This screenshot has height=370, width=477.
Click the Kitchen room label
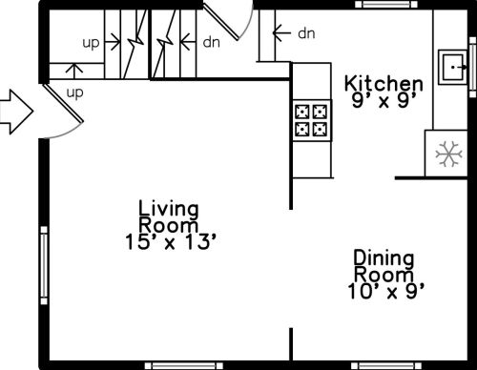pos(384,84)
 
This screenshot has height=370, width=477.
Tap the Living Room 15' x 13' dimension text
pos(172,242)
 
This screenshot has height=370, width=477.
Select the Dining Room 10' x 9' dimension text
pos(386,291)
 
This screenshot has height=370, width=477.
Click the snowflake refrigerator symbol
pos(448,154)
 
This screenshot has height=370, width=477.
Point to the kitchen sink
pos(453,67)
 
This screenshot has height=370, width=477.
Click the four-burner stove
pos(312,120)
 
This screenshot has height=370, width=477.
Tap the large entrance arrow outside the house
pos(16,112)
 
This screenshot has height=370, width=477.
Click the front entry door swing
pos(64,111)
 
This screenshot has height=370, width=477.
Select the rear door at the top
pos(229,20)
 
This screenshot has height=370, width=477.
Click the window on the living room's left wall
pos(44,265)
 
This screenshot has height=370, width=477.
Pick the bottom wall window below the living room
pos(184,365)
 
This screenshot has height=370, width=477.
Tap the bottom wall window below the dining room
pos(385,365)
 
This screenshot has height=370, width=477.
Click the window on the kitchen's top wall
pos(386,4)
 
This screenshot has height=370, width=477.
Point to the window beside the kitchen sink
pos(473,67)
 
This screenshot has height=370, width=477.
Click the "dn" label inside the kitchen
pos(306,33)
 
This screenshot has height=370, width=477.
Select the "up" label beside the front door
pos(75,93)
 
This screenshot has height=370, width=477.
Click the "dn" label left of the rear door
pos(212,42)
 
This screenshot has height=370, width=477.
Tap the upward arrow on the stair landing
pos(74,72)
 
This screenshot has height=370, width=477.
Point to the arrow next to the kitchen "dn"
pos(281,32)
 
